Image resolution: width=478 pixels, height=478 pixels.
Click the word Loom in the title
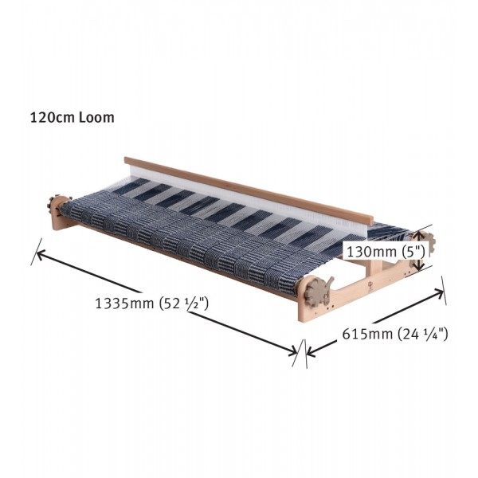pos(97,117)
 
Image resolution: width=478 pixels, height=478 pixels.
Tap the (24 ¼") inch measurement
pos(421,335)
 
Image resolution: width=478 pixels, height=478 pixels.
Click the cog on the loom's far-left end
pos(56,206)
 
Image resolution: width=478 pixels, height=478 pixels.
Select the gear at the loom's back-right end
pos(426,241)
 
